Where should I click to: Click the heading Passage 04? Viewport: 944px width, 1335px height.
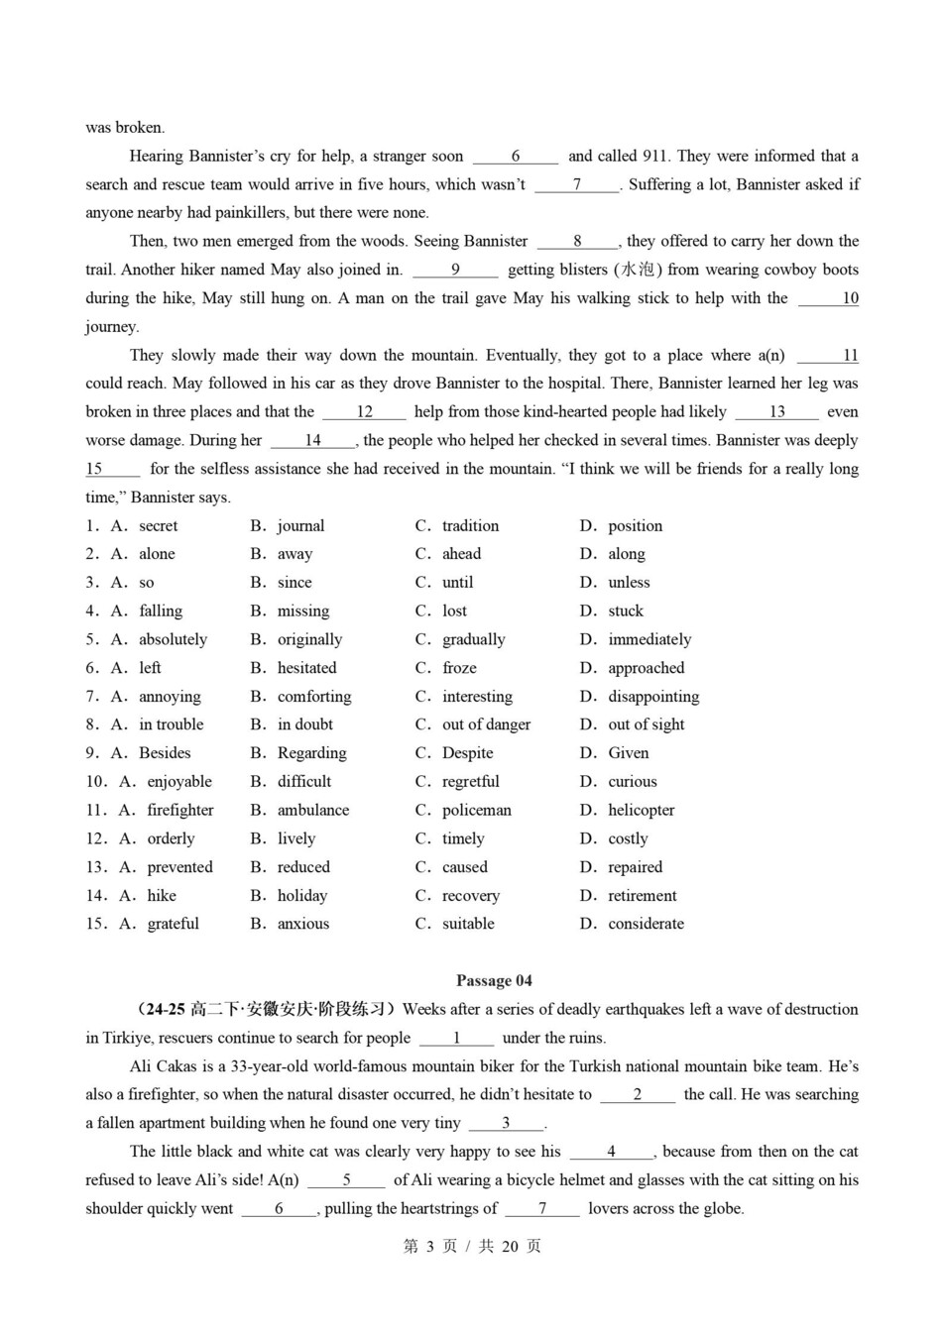pyautogui.click(x=494, y=980)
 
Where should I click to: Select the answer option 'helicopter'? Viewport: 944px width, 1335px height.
pyautogui.click(x=641, y=810)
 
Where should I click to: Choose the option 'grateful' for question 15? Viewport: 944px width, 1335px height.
pyautogui.click(x=173, y=924)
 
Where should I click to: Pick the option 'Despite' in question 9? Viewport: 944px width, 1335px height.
pyautogui.click(x=469, y=753)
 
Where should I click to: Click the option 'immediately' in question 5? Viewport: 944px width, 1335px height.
pyautogui.click(x=649, y=639)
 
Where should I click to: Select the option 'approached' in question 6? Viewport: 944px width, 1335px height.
pyautogui.click(x=646, y=668)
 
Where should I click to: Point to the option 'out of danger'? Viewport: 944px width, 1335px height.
pyautogui.click(x=486, y=724)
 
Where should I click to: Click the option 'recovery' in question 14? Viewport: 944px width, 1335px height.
pyautogui.click(x=470, y=896)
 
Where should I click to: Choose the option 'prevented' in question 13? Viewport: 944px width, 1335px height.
pyautogui.click(x=179, y=867)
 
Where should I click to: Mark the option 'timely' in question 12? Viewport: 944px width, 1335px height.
pyautogui.click(x=463, y=838)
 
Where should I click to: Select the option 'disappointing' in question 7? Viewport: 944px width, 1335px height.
pyautogui.click(x=652, y=697)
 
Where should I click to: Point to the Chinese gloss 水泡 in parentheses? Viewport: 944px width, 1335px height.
pyautogui.click(x=639, y=270)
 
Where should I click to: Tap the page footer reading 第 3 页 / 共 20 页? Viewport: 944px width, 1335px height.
pyautogui.click(x=472, y=1246)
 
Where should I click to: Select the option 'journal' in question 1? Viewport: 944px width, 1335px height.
pyautogui.click(x=300, y=525)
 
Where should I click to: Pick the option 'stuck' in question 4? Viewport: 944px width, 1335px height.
pyautogui.click(x=625, y=611)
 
